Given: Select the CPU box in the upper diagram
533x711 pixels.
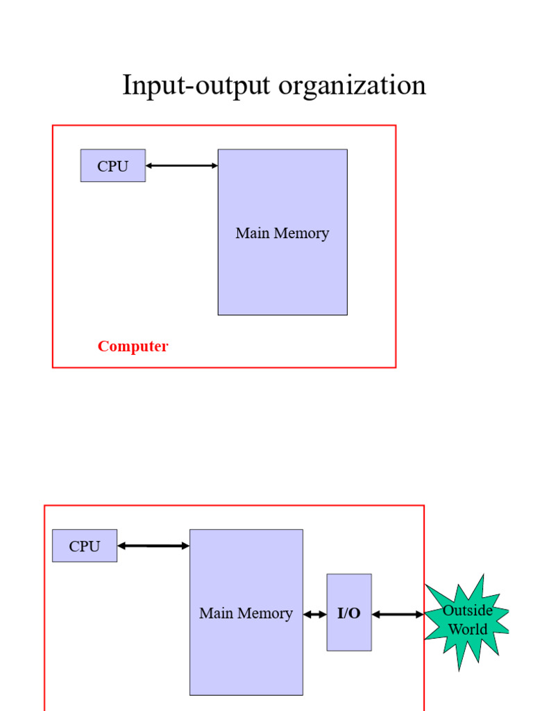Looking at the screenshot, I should [113, 166].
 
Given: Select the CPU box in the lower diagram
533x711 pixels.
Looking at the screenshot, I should [85, 546].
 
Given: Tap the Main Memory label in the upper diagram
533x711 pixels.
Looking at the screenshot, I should [282, 233].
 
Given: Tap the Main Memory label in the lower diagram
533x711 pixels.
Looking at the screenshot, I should [246, 614].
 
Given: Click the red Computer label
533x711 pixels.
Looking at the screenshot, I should [133, 346].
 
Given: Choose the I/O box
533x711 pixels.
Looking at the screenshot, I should [349, 612].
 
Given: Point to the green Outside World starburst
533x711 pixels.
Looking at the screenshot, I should [467, 621].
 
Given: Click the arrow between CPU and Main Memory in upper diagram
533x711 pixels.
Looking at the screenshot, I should [182, 166].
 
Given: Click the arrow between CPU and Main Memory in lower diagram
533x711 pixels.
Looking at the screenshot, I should [153, 546].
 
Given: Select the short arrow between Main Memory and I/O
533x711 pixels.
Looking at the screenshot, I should [315, 614].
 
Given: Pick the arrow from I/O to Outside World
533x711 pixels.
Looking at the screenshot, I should [398, 614].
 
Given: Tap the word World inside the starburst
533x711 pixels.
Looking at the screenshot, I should [468, 630].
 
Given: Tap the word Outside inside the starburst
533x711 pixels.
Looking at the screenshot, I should [468, 610].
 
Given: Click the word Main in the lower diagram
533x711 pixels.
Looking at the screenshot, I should [214, 614].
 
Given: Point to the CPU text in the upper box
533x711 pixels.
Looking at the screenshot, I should [113, 167].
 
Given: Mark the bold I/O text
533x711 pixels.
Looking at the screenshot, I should [349, 614].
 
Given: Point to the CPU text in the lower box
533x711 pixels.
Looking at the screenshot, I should [85, 546].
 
